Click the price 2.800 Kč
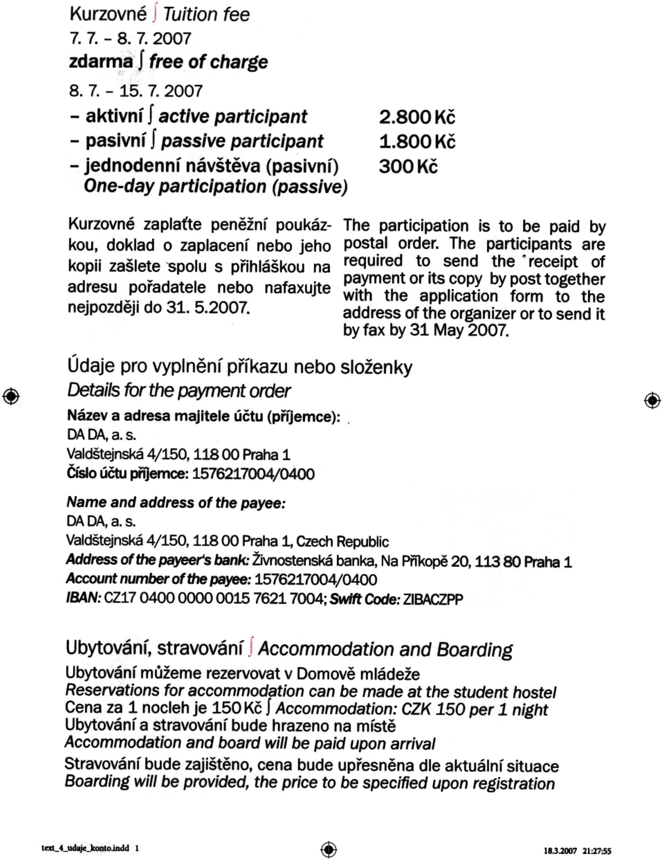pos(417,117)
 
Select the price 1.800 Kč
pos(417,142)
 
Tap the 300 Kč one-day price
pos(408,166)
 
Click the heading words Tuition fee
pos(206,15)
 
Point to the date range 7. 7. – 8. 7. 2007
pos(130,39)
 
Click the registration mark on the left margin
pos(11,396)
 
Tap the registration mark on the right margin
pos(652,400)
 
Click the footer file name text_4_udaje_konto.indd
pos(85,848)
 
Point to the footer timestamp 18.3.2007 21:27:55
pos(578,851)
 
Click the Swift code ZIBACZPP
pos(433,600)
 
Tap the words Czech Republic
pos(342,541)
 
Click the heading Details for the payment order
pos(179,391)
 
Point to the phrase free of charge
pos(208,62)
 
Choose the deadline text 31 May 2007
pos(458,330)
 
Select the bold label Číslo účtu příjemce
pos(128,473)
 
